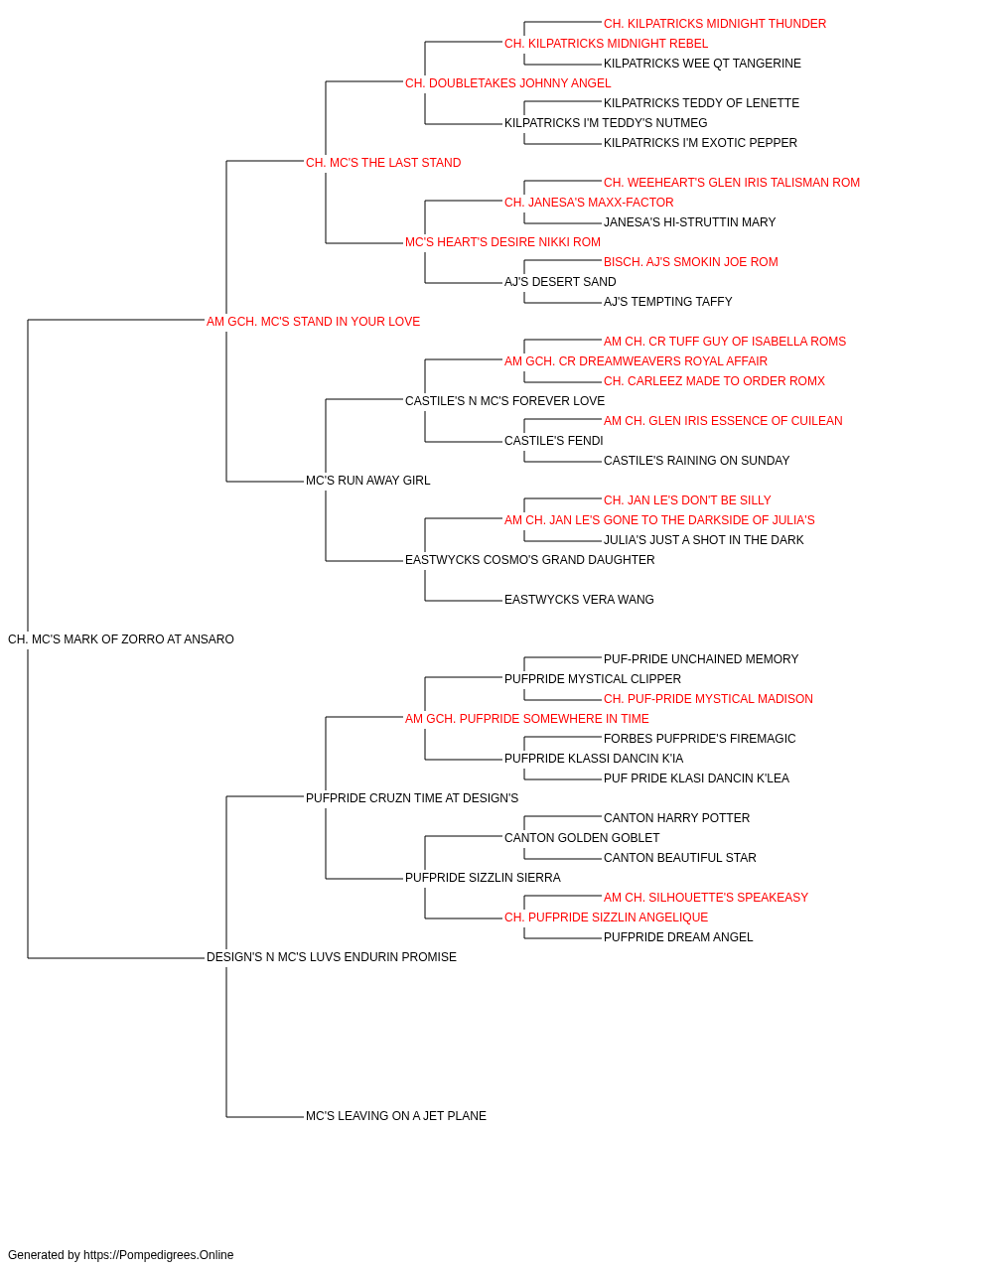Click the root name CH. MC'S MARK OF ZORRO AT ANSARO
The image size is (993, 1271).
point(120,639)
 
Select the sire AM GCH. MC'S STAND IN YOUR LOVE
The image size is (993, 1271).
point(313,322)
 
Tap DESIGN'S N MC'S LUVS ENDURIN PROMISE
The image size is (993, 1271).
point(331,957)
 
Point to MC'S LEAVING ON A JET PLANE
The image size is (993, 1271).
point(396,1116)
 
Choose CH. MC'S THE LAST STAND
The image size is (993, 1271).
point(383,163)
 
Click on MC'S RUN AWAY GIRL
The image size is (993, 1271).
point(367,481)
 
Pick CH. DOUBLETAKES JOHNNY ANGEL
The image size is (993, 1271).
point(507,83)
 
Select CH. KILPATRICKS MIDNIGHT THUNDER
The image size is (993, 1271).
point(715,24)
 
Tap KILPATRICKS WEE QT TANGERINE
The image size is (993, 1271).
point(702,64)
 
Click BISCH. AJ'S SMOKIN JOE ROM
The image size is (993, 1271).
point(691,262)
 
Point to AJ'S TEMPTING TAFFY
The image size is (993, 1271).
point(668,302)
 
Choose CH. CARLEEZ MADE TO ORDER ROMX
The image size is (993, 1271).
point(714,381)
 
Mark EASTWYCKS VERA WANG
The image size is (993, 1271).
point(579,600)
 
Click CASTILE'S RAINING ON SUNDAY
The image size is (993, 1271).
point(696,461)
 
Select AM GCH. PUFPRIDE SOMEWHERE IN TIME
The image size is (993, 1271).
point(527,719)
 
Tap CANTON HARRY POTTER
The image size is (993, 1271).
point(676,817)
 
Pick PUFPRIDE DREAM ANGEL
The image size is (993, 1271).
point(678,937)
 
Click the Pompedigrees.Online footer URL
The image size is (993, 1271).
point(159,1255)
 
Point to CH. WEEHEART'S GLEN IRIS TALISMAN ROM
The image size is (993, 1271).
point(732,183)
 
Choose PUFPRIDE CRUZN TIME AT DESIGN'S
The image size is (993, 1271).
point(412,798)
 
